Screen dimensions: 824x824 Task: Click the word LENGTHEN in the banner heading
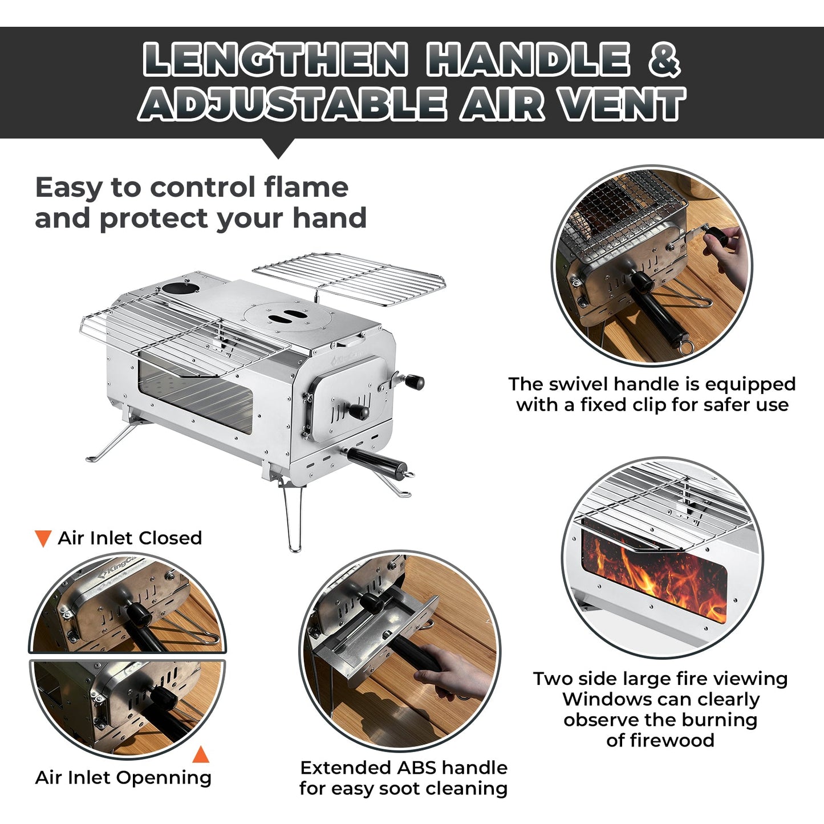275,60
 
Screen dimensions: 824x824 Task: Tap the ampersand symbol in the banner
663,60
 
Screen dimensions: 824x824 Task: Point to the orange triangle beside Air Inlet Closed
43,538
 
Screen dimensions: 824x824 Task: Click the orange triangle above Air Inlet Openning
201,755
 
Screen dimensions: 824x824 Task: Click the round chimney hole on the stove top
177,289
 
